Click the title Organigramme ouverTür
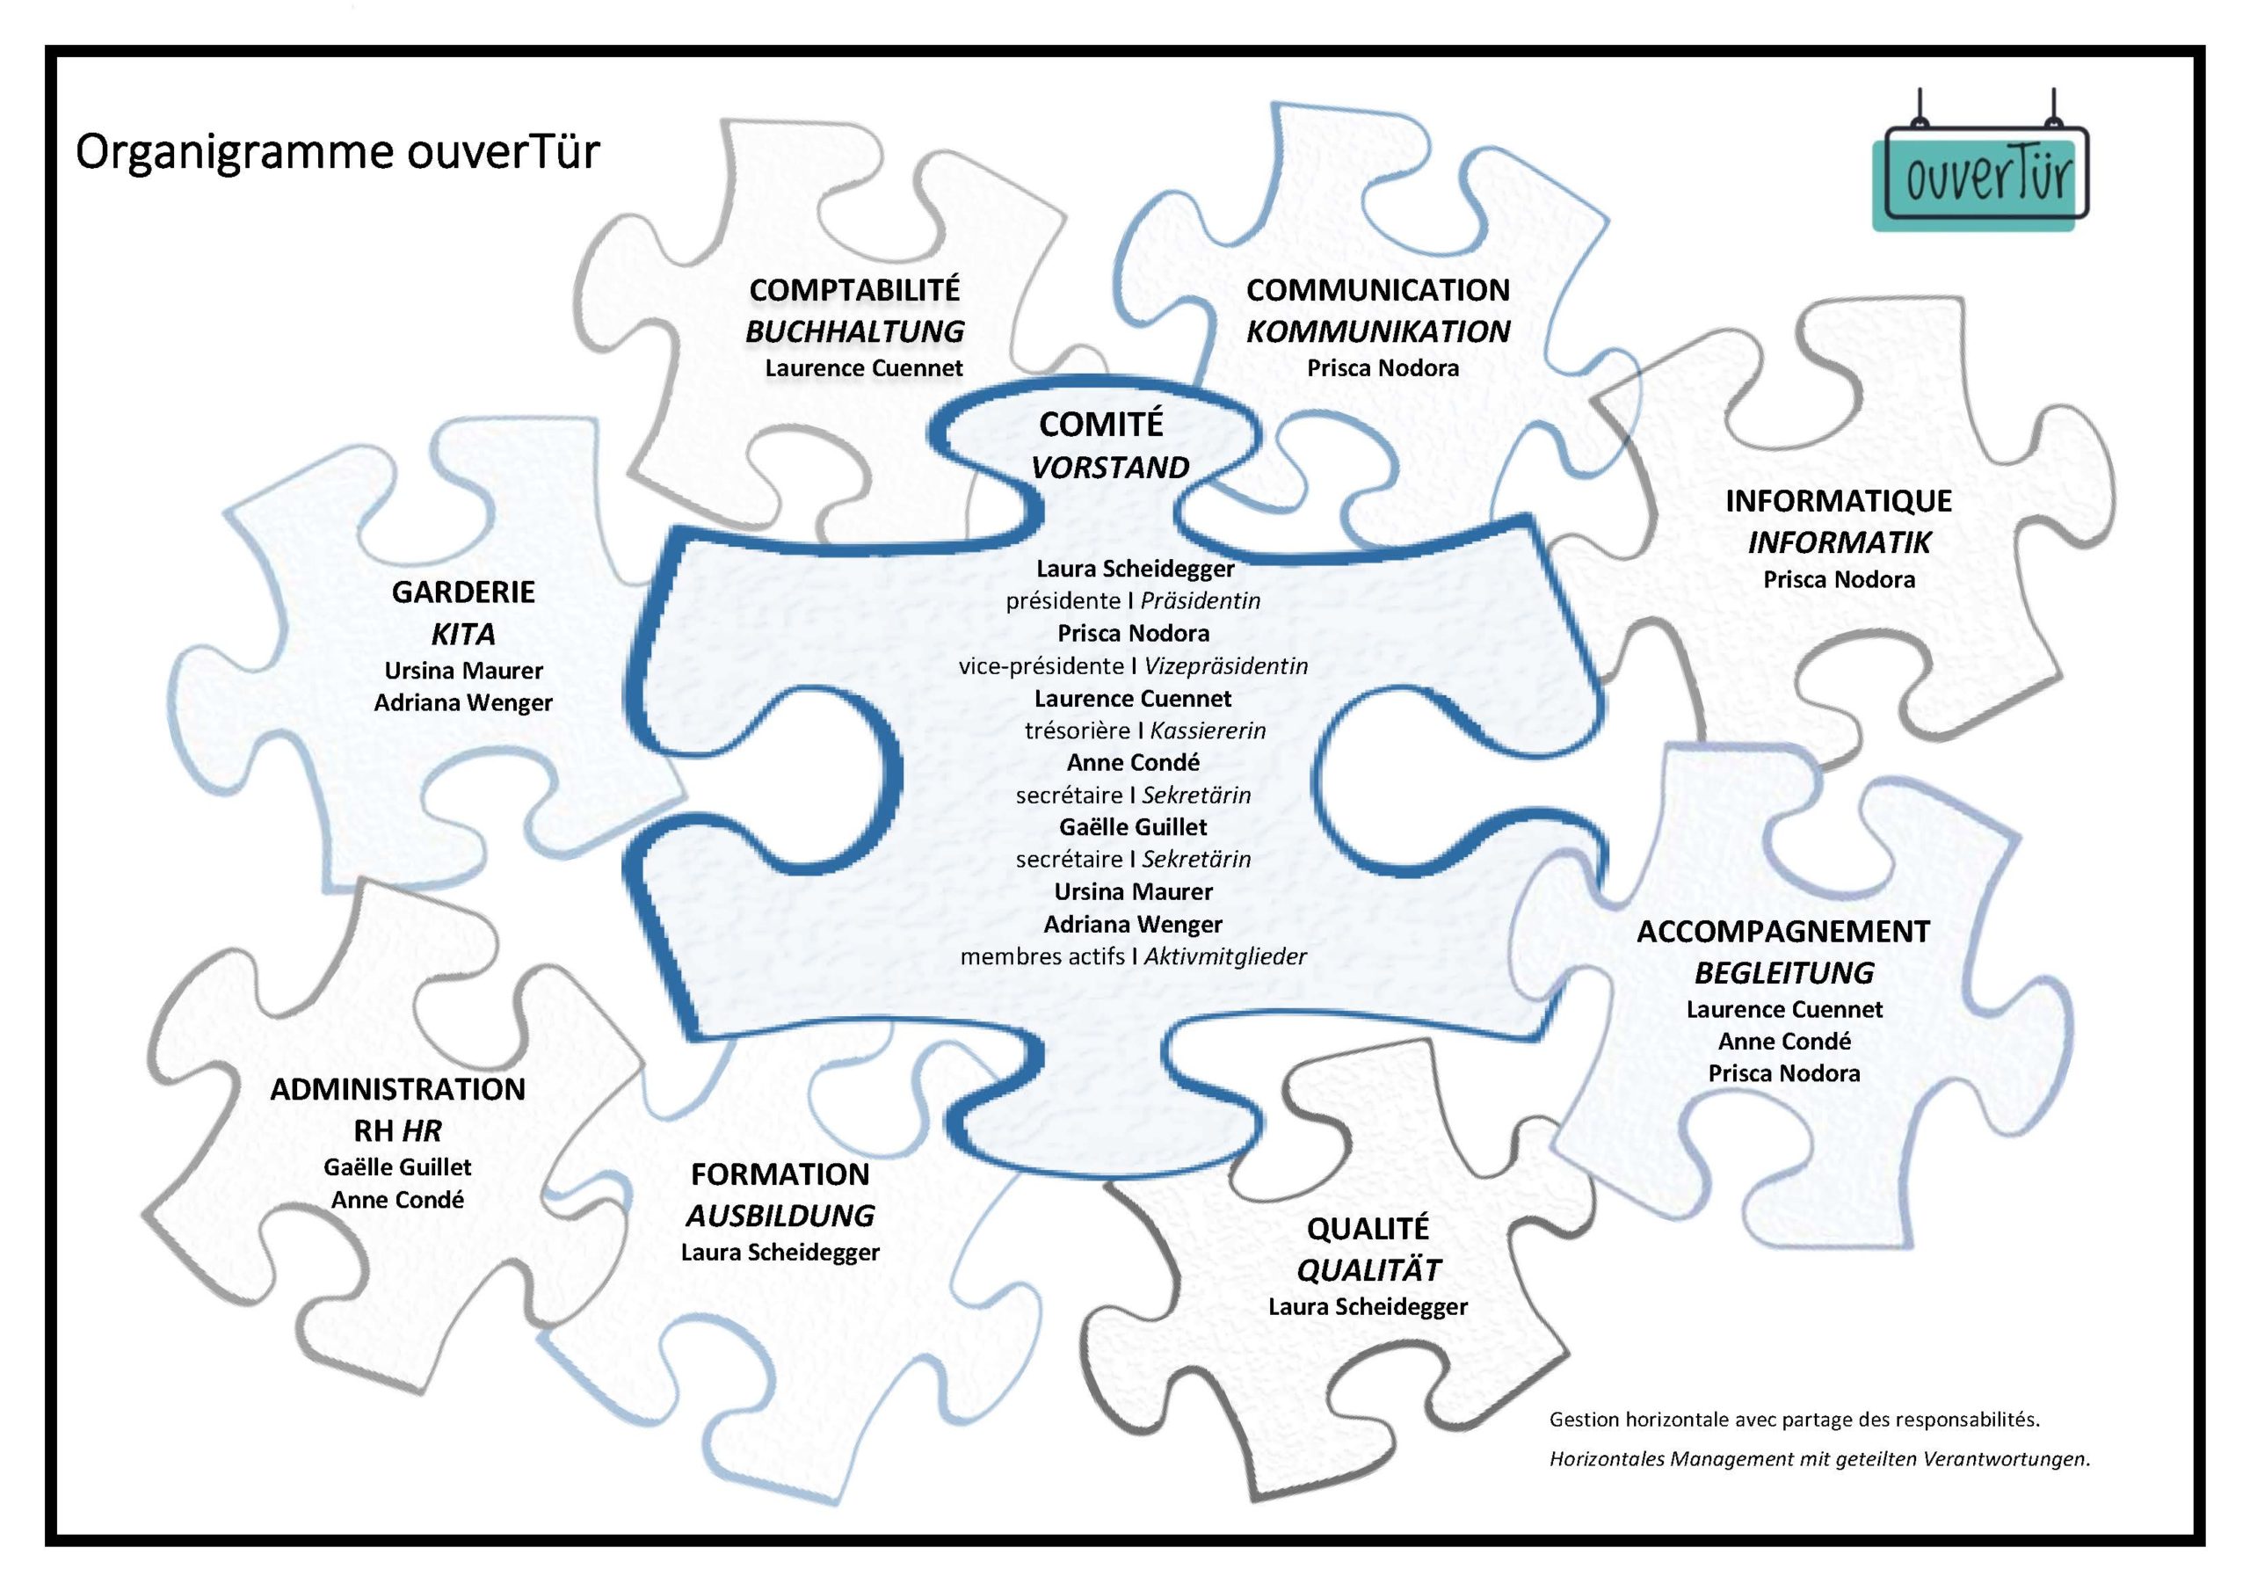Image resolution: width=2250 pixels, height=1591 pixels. pyautogui.click(x=337, y=153)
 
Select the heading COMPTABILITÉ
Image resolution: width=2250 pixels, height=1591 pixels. pyautogui.click(x=854, y=290)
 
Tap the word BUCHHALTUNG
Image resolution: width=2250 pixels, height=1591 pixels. pyautogui.click(x=854, y=331)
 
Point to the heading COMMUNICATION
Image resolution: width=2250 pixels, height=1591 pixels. pyautogui.click(x=1377, y=290)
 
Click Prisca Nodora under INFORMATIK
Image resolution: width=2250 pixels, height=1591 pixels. pyautogui.click(x=1839, y=579)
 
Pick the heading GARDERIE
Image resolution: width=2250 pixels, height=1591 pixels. pyautogui.click(x=463, y=592)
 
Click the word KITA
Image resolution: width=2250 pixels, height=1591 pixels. pyautogui.click(x=463, y=635)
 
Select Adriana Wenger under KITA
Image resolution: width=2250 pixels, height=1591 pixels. pyautogui.click(x=463, y=703)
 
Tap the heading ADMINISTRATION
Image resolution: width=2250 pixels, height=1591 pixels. pyautogui.click(x=398, y=1089)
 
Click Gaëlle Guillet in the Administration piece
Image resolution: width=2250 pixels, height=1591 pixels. pyautogui.click(x=398, y=1166)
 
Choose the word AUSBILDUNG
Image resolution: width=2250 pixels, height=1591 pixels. pyautogui.click(x=780, y=1216)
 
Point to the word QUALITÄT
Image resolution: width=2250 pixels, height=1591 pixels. pyautogui.click(x=1368, y=1270)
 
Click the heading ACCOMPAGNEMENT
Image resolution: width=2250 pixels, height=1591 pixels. pyautogui.click(x=1783, y=931)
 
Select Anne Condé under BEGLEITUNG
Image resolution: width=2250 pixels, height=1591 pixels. pyautogui.click(x=1783, y=1041)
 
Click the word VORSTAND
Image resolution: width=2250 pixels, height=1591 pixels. pyautogui.click(x=1110, y=468)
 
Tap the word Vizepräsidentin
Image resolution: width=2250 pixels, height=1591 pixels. pyautogui.click(x=1226, y=666)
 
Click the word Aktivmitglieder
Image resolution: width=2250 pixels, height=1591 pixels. pyautogui.click(x=1225, y=956)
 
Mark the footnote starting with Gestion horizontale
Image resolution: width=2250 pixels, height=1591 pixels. pyautogui.click(x=1793, y=1420)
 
